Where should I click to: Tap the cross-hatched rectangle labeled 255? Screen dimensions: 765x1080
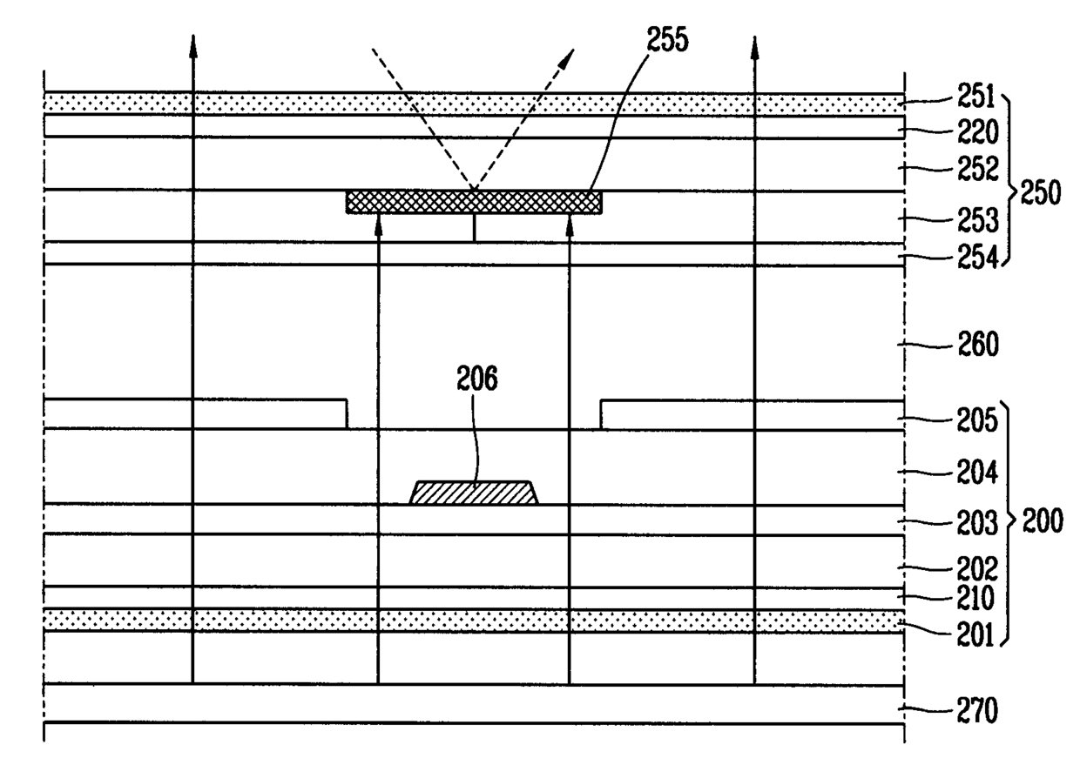[474, 202]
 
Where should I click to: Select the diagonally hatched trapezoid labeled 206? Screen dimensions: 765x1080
[474, 493]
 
